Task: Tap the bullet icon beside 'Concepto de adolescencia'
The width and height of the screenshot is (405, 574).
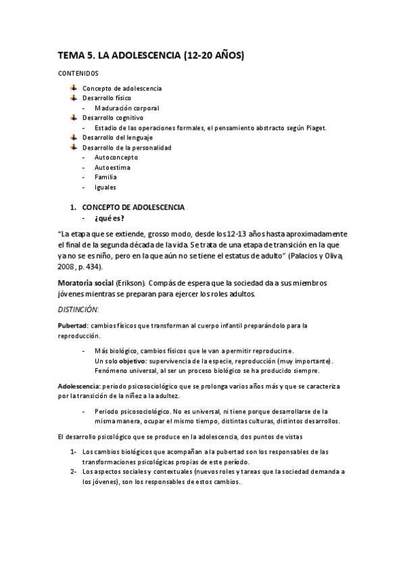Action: (x=74, y=88)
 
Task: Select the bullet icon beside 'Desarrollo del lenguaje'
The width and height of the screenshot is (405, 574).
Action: (x=74, y=137)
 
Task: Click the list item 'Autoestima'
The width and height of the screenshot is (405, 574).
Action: (x=113, y=167)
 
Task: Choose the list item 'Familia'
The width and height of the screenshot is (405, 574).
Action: (x=106, y=177)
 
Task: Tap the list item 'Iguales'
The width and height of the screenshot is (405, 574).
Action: (x=105, y=187)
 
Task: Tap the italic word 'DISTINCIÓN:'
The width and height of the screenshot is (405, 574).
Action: (x=78, y=309)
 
